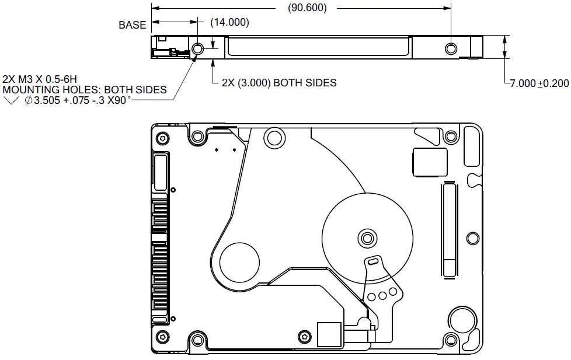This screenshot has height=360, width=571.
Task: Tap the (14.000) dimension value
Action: pyautogui.click(x=229, y=23)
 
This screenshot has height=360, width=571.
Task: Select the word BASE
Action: pyautogui.click(x=133, y=25)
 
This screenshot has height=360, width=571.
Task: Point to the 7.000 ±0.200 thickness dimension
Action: pyautogui.click(x=539, y=83)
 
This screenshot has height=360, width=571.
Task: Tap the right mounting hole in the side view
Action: pyautogui.click(x=450, y=48)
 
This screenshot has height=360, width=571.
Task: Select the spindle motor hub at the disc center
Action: pyautogui.click(x=367, y=237)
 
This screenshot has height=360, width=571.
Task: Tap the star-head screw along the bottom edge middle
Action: pyautogui.click(x=303, y=336)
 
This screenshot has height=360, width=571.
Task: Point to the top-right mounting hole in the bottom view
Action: pyautogui.click(x=450, y=137)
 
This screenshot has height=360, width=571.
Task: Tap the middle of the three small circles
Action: pyautogui.click(x=384, y=295)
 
